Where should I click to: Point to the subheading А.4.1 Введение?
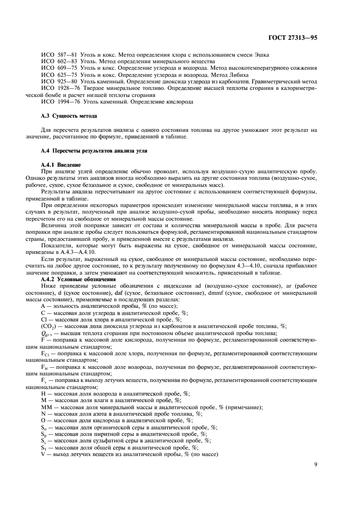[x=61, y=164]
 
